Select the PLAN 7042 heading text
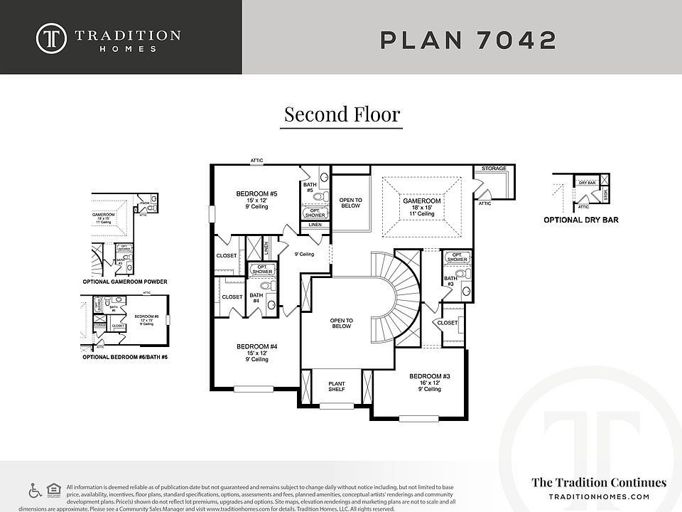[468, 40]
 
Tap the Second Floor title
[342, 114]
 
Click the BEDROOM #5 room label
[256, 193]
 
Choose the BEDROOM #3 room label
[429, 376]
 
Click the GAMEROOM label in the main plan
[422, 201]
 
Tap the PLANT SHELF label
[336, 387]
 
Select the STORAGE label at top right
[494, 169]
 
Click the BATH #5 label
[308, 187]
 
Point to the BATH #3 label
[450, 282]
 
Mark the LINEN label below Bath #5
[315, 225]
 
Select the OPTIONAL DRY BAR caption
[580, 220]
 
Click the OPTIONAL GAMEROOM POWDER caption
[125, 282]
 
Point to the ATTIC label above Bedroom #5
[256, 161]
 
